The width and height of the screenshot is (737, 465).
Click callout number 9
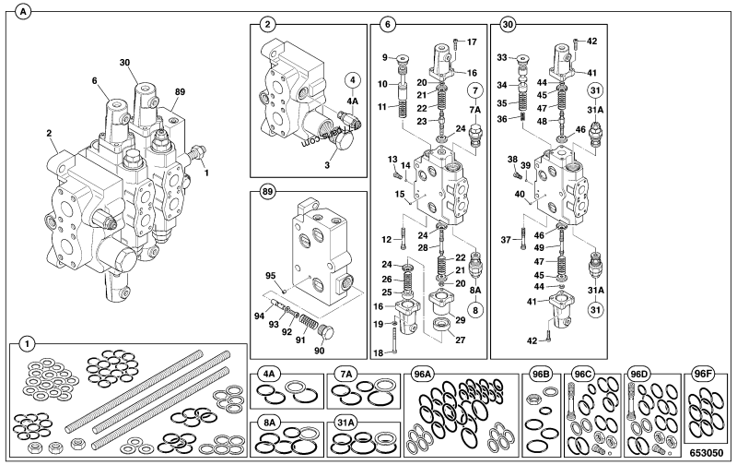click(386, 58)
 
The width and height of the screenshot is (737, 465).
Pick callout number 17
click(472, 42)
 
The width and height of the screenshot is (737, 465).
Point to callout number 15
click(401, 195)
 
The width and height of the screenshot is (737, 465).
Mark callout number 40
click(520, 195)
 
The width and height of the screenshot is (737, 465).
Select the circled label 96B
click(541, 375)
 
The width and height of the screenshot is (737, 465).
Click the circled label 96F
click(704, 375)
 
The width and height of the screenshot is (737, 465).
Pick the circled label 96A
click(424, 375)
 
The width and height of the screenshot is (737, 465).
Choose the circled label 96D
click(638, 375)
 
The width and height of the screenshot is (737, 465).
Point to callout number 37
click(506, 241)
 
